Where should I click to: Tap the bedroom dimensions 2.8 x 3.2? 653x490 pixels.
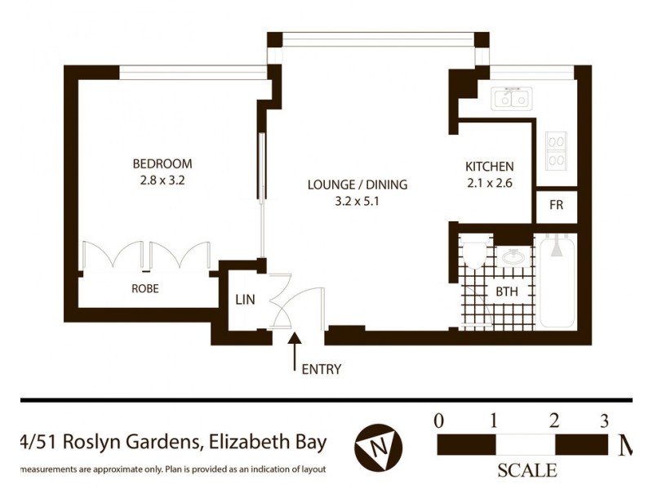click(164, 181)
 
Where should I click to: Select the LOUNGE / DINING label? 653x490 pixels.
click(357, 185)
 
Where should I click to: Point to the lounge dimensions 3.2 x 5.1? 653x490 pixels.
click(357, 203)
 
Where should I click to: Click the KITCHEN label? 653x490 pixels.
click(489, 164)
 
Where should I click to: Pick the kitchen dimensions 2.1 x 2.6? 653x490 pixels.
click(489, 183)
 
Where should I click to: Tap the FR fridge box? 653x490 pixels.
click(556, 205)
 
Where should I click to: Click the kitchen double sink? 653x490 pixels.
click(512, 100)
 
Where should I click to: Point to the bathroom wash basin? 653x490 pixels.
click(513, 258)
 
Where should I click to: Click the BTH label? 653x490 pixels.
click(506, 292)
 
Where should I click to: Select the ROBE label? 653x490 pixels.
click(144, 288)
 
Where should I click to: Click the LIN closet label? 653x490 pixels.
click(245, 300)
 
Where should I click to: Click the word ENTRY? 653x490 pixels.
click(322, 369)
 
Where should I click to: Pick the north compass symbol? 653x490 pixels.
click(379, 448)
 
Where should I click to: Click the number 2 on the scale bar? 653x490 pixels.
click(553, 421)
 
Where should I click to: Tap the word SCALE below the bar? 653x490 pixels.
click(526, 470)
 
